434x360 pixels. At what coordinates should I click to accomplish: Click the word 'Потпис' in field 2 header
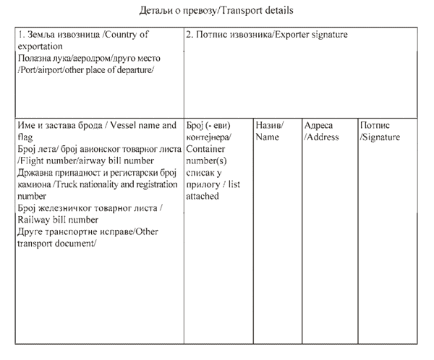pyautogui.click(x=210, y=35)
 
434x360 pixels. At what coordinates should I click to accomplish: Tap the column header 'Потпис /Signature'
pyautogui.click(x=380, y=130)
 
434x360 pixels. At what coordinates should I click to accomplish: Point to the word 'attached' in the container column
pyautogui.click(x=203, y=195)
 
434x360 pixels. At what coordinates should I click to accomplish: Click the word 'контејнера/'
pyautogui.click(x=210, y=137)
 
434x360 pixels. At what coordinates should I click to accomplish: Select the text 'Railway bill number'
pyautogui.click(x=57, y=219)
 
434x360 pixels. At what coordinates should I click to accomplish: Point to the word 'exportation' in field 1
pyautogui.click(x=41, y=46)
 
